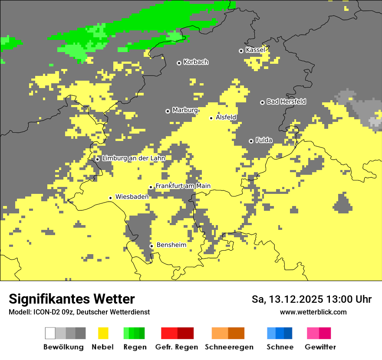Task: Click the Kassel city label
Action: [255, 50]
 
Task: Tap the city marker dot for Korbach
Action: [179, 63]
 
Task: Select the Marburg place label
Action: [185, 110]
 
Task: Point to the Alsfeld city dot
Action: [211, 118]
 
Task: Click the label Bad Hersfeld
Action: [286, 101]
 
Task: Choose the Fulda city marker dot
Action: [251, 141]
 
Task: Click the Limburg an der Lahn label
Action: [134, 158]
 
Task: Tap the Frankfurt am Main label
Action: [183, 186]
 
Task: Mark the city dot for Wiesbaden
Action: [111, 198]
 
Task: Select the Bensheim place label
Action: [171, 245]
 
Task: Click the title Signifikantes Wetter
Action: [72, 299]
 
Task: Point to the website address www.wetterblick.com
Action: [313, 312]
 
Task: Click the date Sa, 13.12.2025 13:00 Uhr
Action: [311, 299]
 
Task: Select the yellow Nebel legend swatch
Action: [103, 333]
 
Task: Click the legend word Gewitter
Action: [320, 347]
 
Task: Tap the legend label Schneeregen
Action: [229, 347]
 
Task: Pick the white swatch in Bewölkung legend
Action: [50, 333]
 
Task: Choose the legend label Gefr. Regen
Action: [177, 347]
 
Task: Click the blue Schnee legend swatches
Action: [280, 333]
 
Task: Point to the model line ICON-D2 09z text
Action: [79, 312]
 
